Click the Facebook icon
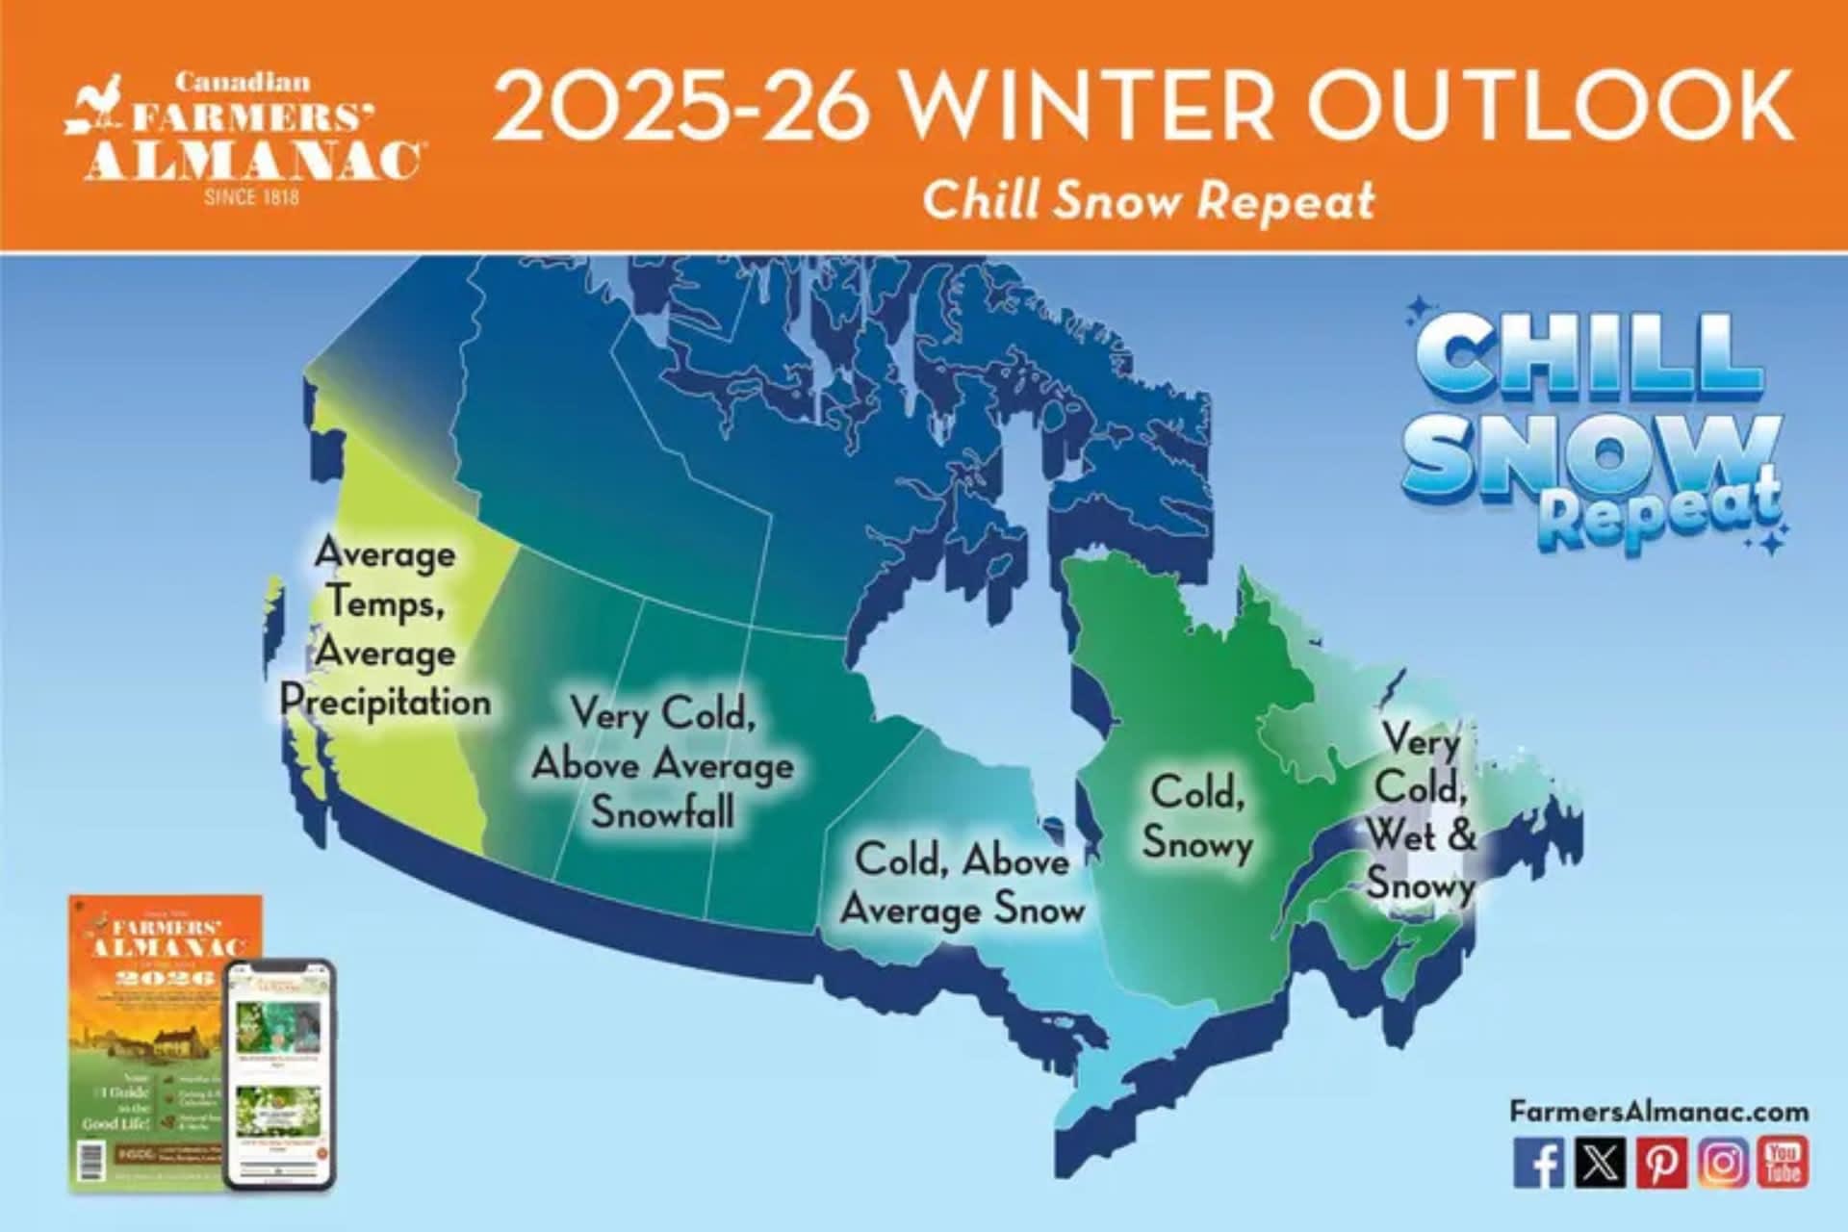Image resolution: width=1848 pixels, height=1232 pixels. pyautogui.click(x=1538, y=1163)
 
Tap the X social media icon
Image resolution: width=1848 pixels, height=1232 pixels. pyautogui.click(x=1600, y=1163)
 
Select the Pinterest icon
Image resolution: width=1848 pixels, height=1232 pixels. pyautogui.click(x=1661, y=1163)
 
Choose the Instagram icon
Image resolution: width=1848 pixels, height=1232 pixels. pyautogui.click(x=1723, y=1163)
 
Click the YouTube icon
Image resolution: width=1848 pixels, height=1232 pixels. pyautogui.click(x=1784, y=1163)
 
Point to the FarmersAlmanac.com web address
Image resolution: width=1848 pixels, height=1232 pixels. pyautogui.click(x=1658, y=1112)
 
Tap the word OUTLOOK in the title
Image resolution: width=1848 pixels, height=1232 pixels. pyautogui.click(x=1550, y=106)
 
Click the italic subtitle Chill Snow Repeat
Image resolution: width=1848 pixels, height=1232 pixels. pyautogui.click(x=1148, y=200)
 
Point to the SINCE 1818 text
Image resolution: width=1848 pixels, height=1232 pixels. pyautogui.click(x=251, y=197)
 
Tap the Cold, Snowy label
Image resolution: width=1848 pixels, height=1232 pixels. pyautogui.click(x=1198, y=818)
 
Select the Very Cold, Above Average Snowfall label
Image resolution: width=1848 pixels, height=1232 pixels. pyautogui.click(x=662, y=763)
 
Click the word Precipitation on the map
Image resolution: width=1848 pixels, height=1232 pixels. pyautogui.click(x=386, y=702)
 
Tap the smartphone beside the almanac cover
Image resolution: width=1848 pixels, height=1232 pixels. pyautogui.click(x=279, y=1073)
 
